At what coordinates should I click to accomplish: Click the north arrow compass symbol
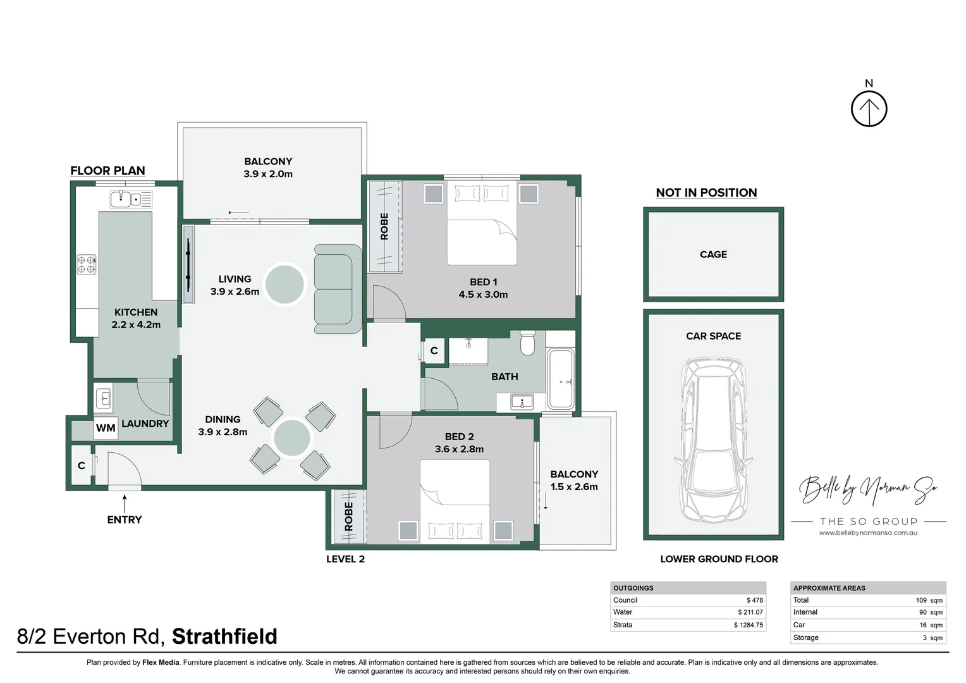pyautogui.click(x=869, y=109)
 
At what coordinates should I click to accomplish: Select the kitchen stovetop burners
pyautogui.click(x=86, y=264)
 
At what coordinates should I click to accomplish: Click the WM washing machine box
pyautogui.click(x=106, y=428)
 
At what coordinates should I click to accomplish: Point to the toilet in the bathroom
pyautogui.click(x=527, y=343)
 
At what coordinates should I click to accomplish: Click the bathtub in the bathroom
pyautogui.click(x=561, y=379)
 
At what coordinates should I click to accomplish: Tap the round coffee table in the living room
pyautogui.click(x=284, y=285)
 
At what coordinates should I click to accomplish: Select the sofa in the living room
pyautogui.click(x=338, y=288)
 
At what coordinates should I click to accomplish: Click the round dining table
pyautogui.click(x=292, y=438)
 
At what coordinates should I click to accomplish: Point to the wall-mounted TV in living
pyautogui.click(x=188, y=264)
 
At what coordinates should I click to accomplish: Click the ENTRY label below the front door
pyautogui.click(x=125, y=519)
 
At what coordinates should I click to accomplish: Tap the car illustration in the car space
pyautogui.click(x=713, y=440)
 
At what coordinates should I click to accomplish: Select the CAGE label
pyautogui.click(x=713, y=255)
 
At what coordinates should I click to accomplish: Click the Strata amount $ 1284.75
pyautogui.click(x=749, y=625)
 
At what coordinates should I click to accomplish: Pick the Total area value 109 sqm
pyautogui.click(x=929, y=600)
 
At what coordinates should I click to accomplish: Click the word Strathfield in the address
pyautogui.click(x=224, y=636)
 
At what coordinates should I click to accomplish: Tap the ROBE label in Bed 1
pyautogui.click(x=384, y=226)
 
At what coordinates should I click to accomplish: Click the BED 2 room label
pyautogui.click(x=459, y=436)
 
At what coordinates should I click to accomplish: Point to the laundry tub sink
pyautogui.click(x=104, y=398)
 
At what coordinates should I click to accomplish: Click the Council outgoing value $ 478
pyautogui.click(x=755, y=600)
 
